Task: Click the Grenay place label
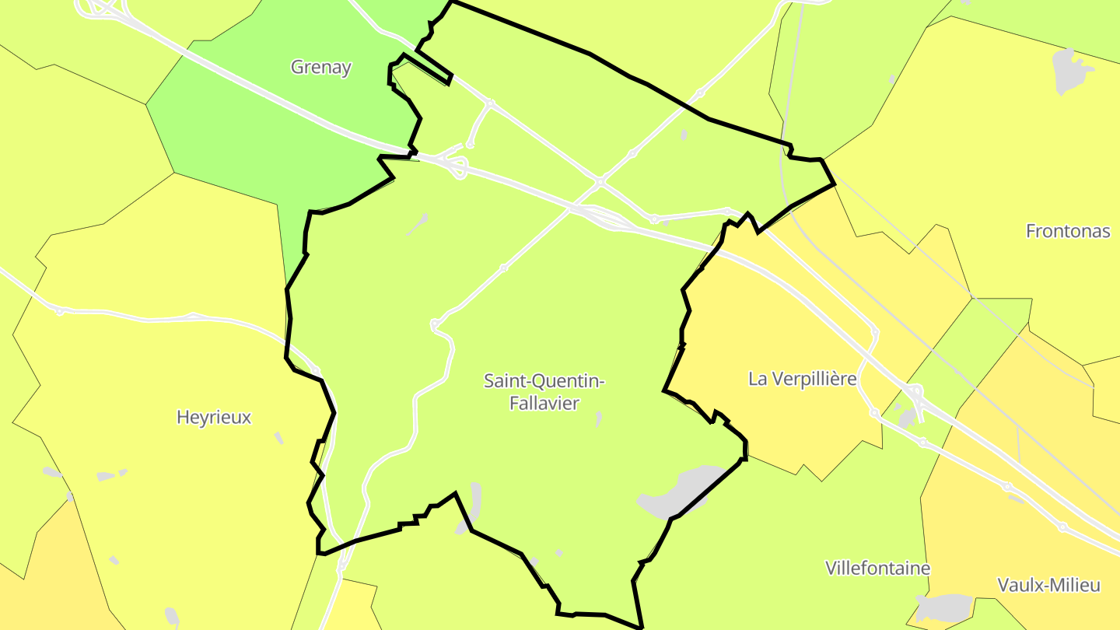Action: click(x=320, y=67)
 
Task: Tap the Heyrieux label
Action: click(x=214, y=418)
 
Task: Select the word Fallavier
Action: click(x=544, y=403)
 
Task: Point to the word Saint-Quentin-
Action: click(x=544, y=381)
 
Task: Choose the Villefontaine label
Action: click(x=877, y=568)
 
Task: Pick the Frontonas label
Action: click(x=1068, y=231)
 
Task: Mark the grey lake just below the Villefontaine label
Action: click(x=944, y=606)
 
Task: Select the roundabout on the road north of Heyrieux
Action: click(x=59, y=311)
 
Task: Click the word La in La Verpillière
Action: click(x=758, y=379)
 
